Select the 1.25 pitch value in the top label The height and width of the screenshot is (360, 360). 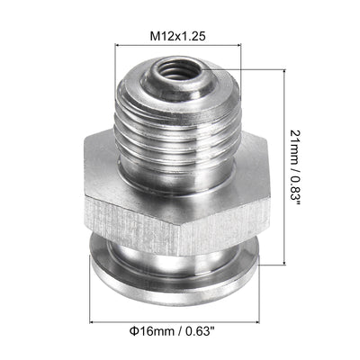click(190, 36)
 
